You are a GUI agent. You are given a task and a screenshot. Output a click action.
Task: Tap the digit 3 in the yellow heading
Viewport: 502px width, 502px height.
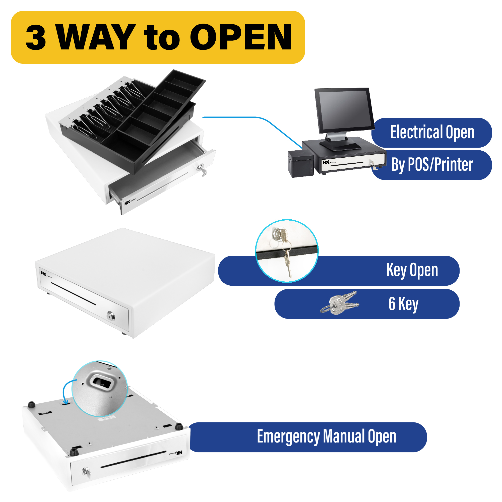(36, 37)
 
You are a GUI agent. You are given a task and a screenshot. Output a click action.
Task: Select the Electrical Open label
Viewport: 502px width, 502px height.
(432, 132)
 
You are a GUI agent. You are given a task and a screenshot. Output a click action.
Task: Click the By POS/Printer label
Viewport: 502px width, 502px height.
(432, 165)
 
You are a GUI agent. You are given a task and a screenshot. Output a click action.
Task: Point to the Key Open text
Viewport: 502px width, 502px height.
(412, 270)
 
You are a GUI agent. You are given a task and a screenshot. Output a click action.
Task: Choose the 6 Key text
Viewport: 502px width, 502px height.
(403, 303)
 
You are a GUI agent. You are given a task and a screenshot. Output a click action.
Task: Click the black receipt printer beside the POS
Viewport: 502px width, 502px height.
(301, 164)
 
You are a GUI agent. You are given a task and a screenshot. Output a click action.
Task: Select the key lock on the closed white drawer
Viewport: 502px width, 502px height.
(111, 316)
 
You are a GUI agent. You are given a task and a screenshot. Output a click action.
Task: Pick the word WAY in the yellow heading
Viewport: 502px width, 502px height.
(96, 37)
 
